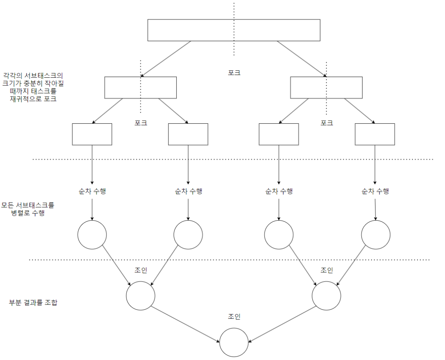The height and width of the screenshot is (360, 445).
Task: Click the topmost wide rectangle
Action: click(x=196, y=30)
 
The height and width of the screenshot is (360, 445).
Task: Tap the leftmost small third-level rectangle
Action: click(x=92, y=134)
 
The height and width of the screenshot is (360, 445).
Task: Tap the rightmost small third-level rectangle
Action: click(x=375, y=134)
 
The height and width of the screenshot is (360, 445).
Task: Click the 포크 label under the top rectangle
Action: click(x=234, y=73)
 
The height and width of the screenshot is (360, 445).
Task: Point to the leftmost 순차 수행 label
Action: click(x=92, y=192)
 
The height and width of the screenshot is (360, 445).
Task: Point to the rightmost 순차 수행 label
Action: click(x=375, y=192)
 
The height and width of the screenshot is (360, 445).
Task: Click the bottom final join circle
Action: click(x=234, y=342)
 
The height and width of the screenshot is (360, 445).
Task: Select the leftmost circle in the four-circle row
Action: click(x=92, y=235)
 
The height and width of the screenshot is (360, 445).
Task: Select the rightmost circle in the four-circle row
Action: click(x=375, y=235)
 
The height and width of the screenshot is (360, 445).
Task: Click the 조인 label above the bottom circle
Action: click(x=234, y=316)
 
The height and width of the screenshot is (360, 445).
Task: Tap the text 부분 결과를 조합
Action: click(x=33, y=303)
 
